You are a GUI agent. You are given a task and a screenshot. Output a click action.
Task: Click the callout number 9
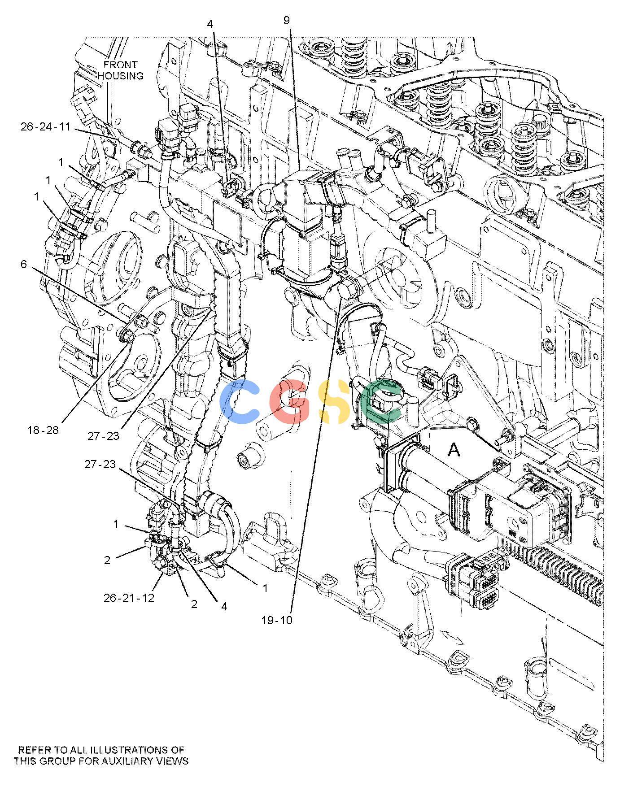coord(287,20)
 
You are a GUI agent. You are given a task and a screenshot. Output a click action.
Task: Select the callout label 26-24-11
coord(46,127)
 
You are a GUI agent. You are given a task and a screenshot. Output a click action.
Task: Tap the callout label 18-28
coord(43,430)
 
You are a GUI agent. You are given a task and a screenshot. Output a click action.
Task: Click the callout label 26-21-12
coord(129,598)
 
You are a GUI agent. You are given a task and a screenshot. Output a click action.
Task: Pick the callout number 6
coord(24,265)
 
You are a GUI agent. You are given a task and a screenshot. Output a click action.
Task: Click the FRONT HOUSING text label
coord(121,70)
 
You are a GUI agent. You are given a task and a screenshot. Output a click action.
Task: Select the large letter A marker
coord(454,450)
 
